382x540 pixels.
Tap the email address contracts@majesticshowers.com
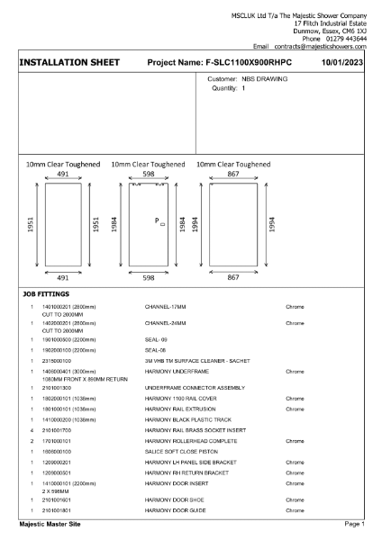(319, 46)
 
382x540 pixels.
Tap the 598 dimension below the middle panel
(149, 279)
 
